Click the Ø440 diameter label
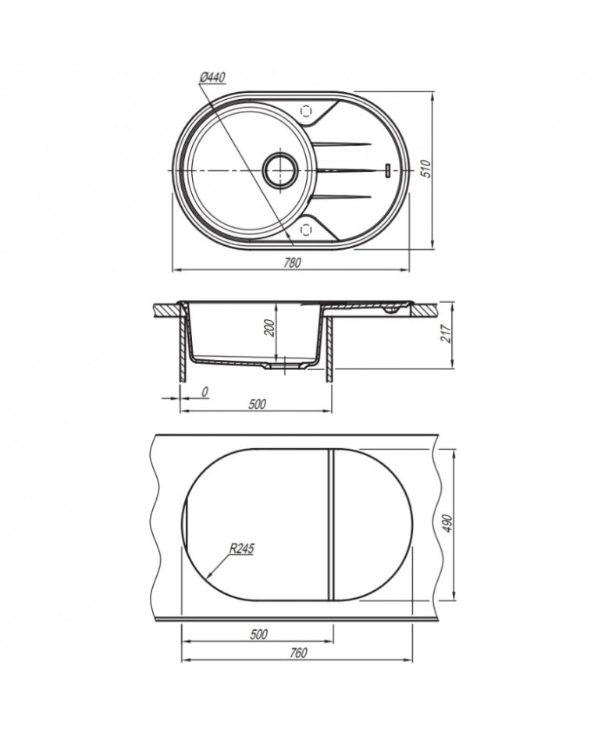(x=212, y=78)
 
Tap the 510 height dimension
(x=426, y=168)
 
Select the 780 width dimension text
(x=293, y=262)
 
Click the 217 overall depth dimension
(x=447, y=333)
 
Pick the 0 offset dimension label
(x=205, y=392)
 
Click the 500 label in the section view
(x=257, y=404)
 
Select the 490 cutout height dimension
(x=447, y=524)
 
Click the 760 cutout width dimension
(x=298, y=653)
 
